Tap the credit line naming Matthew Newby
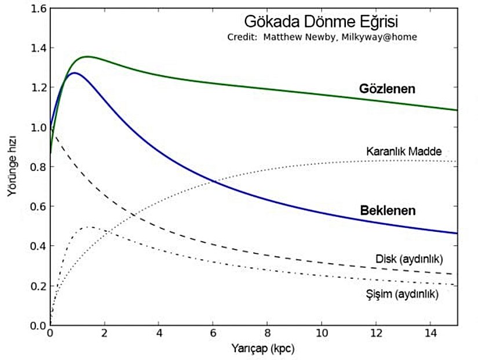click(x=322, y=37)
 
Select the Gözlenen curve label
click(x=388, y=89)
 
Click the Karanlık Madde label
click(x=404, y=152)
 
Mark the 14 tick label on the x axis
click(x=429, y=335)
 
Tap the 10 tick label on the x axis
click(x=321, y=335)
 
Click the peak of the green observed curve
click(x=87, y=56)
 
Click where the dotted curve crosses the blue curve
click(x=215, y=182)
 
